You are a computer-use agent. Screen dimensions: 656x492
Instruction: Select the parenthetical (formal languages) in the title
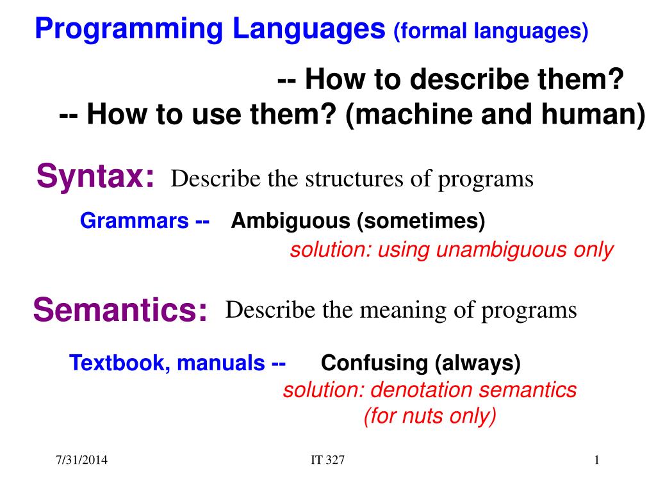[x=491, y=31]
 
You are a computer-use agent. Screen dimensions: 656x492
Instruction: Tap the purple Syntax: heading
[x=95, y=177]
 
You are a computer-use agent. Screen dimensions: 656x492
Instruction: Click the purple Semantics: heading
[x=120, y=309]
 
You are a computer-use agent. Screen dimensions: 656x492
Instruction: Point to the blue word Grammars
[x=135, y=220]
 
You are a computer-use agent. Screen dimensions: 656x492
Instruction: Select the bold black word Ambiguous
[x=290, y=221]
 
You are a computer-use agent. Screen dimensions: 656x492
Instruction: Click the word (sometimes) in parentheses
[x=421, y=221]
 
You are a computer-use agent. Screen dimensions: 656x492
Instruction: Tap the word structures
[x=355, y=179]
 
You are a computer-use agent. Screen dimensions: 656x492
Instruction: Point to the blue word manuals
[x=221, y=363]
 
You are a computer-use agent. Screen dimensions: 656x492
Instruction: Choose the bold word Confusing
[x=374, y=363]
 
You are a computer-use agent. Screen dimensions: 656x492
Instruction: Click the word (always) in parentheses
[x=478, y=363]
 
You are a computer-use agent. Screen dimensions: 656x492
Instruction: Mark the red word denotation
[x=422, y=390]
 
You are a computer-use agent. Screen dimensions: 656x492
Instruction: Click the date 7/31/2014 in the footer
[x=81, y=460]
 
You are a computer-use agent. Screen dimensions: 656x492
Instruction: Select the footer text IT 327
[x=327, y=460]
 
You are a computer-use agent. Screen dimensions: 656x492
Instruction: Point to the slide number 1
[x=597, y=460]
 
